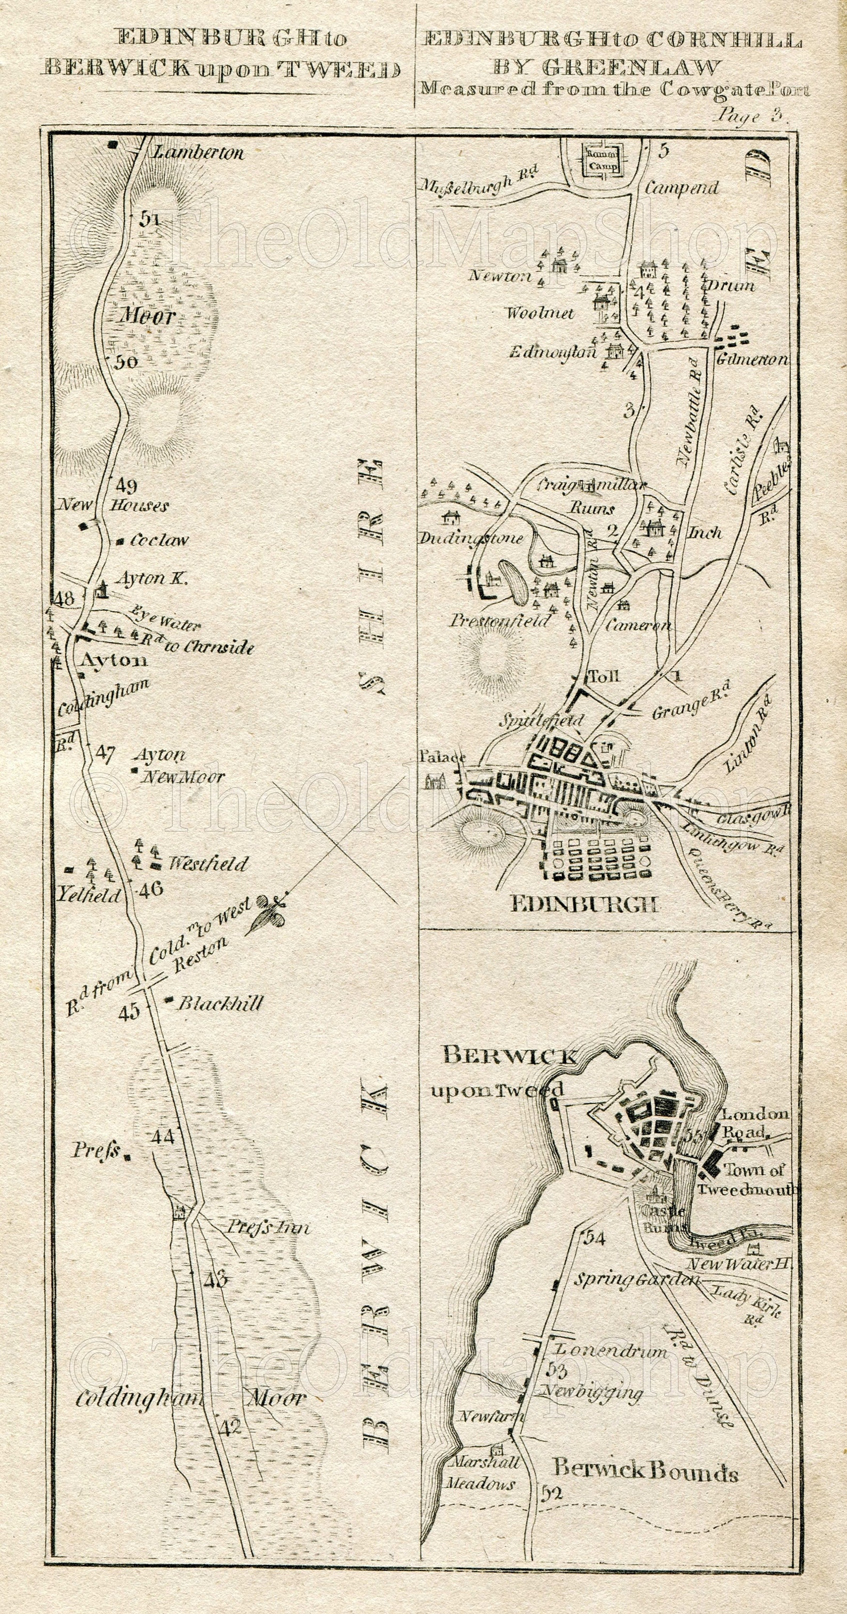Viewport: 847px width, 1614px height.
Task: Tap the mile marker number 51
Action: click(x=149, y=218)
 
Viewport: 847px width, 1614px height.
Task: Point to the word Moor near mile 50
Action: click(x=148, y=317)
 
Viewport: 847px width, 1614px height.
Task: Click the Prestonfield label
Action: click(x=500, y=620)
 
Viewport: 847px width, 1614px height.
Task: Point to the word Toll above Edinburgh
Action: click(x=605, y=676)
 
